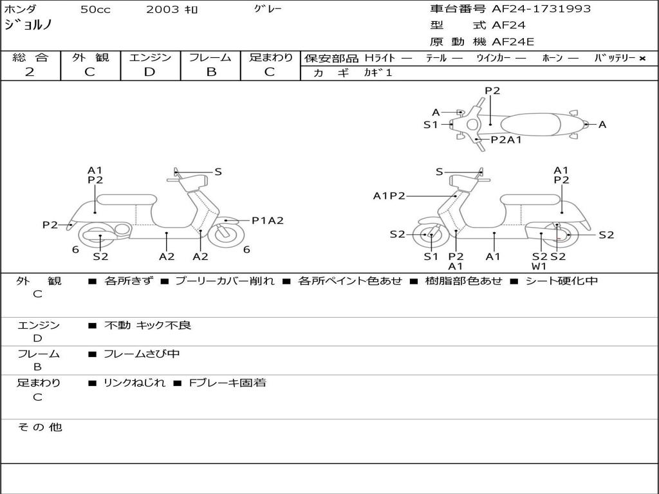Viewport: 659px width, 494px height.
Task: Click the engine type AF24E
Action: [513, 42]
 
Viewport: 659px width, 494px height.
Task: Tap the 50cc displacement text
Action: [94, 10]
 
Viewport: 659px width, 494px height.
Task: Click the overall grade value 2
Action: [30, 72]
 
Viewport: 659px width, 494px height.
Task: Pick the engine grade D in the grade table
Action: [150, 72]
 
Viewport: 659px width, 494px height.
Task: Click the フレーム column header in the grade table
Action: [210, 58]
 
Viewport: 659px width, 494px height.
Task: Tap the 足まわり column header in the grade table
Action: [271, 58]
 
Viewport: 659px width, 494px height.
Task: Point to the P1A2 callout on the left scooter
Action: [267, 221]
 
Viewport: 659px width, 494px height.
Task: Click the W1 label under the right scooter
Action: [539, 266]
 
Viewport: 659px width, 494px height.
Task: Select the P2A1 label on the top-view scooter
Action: [506, 140]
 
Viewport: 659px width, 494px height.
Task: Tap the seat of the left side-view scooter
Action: [126, 199]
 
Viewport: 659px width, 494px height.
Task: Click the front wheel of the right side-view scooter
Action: [431, 235]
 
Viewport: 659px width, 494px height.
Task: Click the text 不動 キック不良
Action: [147, 325]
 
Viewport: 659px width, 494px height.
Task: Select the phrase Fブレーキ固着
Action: [227, 383]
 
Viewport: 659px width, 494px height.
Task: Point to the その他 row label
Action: [39, 427]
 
